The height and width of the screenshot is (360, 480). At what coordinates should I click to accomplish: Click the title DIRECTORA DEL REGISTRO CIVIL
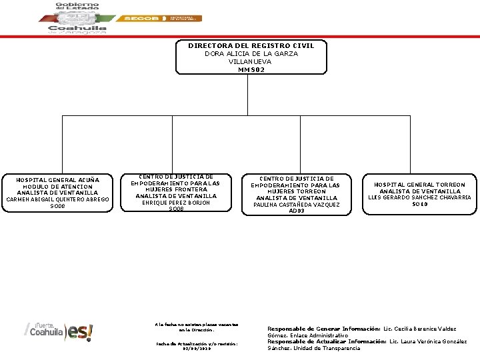pos(251,45)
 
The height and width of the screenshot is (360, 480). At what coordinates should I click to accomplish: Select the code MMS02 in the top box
pos(251,69)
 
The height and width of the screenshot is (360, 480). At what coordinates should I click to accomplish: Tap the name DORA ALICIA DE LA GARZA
pos(251,53)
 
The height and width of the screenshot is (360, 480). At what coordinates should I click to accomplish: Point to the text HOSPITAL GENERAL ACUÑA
pos(57,179)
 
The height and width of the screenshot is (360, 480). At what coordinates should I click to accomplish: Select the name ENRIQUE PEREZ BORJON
pos(176,203)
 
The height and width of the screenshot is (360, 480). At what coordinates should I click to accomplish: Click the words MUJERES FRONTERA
pos(176,189)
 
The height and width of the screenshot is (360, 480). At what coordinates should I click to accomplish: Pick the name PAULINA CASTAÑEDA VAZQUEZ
pos(297,205)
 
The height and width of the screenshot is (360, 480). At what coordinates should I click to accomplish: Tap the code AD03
pos(297,211)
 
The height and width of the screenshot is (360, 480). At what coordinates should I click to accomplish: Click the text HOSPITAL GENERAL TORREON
pos(419,184)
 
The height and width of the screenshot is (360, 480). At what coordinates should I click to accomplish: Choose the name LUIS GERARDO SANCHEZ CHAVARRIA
pos(419,197)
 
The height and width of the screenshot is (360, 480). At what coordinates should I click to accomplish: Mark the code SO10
pos(419,204)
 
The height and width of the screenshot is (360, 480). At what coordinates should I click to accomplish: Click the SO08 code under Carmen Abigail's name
pos(57,207)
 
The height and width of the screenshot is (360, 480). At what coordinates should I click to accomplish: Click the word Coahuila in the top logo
pos(77,29)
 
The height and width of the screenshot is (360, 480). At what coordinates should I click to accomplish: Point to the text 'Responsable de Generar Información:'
pos(323,329)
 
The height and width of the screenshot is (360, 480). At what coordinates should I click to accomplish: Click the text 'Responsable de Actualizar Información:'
pos(327,341)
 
